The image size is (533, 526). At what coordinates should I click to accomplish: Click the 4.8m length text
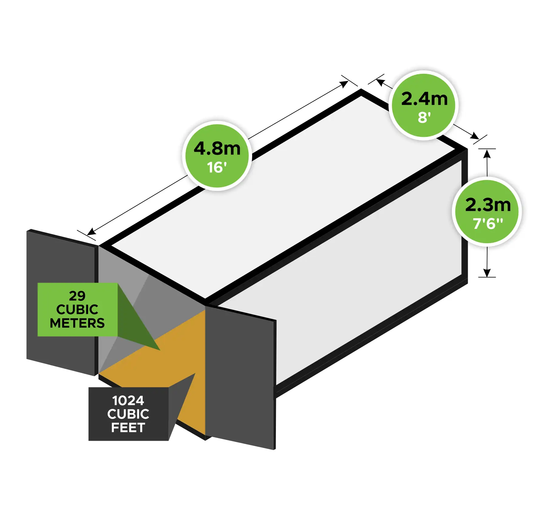[x=217, y=148]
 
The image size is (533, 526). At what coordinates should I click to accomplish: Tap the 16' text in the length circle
[x=217, y=167]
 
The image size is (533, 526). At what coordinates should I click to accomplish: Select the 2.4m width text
[x=424, y=99]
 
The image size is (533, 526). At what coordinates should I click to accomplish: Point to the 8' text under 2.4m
[x=424, y=117]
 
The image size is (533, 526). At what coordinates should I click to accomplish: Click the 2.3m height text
[x=488, y=205]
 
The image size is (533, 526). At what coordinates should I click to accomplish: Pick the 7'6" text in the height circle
[x=488, y=224]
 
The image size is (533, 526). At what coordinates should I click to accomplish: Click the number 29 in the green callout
[x=77, y=296]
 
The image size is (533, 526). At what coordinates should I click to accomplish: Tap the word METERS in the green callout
[x=77, y=323]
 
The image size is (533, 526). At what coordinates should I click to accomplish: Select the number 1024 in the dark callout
[x=128, y=401]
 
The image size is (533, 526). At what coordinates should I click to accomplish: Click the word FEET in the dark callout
[x=128, y=428]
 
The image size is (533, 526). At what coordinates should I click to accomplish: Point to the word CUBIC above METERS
[x=77, y=310]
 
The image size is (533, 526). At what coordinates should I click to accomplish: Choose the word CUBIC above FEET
[x=128, y=414]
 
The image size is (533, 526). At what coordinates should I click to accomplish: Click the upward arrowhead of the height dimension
[x=487, y=154]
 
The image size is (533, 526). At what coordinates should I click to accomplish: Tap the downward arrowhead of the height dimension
[x=487, y=273]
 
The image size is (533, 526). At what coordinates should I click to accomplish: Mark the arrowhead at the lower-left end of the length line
[x=91, y=232]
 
